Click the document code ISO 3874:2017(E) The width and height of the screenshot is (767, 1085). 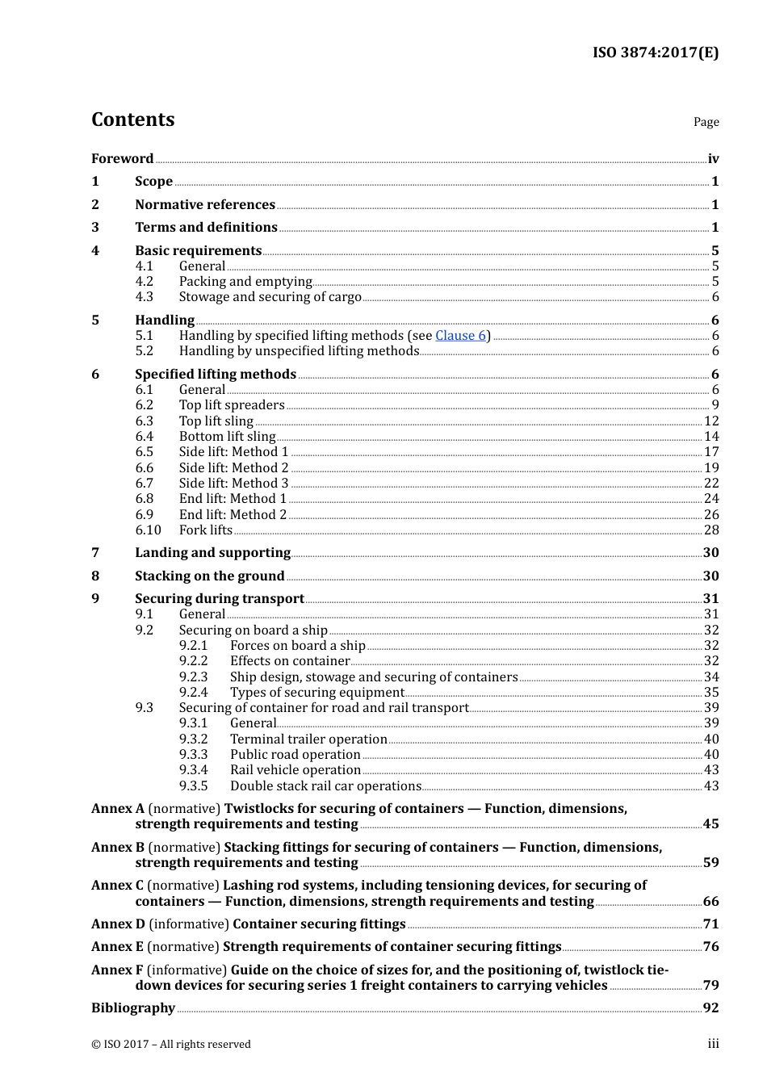(x=655, y=52)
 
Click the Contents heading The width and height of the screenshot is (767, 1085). (x=132, y=119)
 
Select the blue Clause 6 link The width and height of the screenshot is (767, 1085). (x=460, y=335)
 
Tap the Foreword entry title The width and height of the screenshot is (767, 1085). (x=122, y=158)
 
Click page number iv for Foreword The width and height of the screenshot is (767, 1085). (x=713, y=158)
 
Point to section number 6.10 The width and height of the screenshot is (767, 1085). (x=148, y=530)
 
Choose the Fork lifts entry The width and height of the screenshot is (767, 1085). (x=205, y=530)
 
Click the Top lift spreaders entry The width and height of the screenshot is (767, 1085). (x=232, y=405)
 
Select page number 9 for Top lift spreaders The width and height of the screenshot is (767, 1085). (x=715, y=405)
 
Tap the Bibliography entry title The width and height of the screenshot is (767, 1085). (x=133, y=1007)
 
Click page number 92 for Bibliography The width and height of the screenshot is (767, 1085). (x=710, y=1007)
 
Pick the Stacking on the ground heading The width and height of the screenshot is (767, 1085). (x=209, y=576)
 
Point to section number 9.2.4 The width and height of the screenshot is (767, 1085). (x=193, y=692)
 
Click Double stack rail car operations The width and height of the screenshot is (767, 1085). (x=325, y=785)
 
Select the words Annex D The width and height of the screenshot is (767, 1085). (x=118, y=924)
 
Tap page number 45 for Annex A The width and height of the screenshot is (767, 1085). (x=710, y=823)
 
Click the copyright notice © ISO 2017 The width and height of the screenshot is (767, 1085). (x=170, y=1044)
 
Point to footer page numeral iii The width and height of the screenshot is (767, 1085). (x=713, y=1044)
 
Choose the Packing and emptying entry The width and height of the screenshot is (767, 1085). (x=245, y=281)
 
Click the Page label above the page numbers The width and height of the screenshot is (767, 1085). (x=706, y=122)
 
